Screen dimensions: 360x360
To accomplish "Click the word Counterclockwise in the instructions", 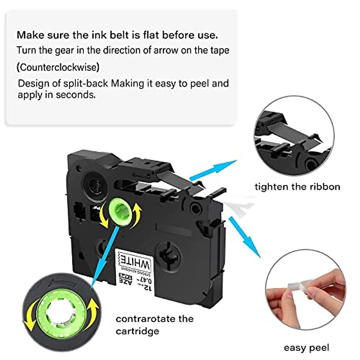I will click(x=58, y=67).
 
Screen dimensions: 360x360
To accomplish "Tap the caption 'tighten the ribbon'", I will click(x=297, y=187).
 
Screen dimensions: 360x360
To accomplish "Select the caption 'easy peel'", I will click(x=306, y=348).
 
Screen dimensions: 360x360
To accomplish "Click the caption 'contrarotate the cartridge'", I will click(x=154, y=325).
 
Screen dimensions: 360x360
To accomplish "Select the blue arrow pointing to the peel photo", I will click(x=244, y=237).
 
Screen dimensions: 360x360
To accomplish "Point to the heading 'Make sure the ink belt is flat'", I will click(x=117, y=35).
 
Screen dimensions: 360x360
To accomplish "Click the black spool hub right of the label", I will click(x=169, y=254).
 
